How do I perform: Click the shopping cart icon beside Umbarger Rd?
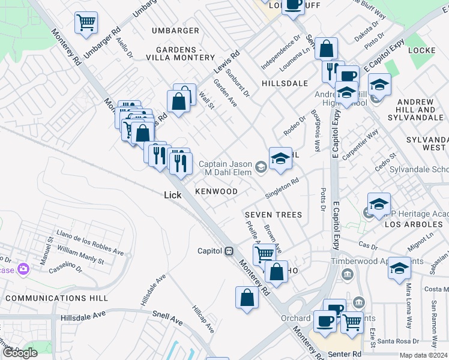tap(86, 23)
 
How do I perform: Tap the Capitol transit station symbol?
tap(229, 251)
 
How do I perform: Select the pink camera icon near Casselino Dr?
tap(24, 268)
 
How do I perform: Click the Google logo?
tap(20, 353)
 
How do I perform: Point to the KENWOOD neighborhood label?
tap(216, 191)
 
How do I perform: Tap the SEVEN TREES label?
tap(273, 215)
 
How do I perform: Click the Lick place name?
tap(173, 195)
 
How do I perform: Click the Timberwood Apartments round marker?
tap(347, 274)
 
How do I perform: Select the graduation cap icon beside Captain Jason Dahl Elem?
tap(280, 158)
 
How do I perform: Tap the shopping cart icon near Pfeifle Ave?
tap(264, 253)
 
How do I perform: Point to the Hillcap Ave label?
tap(202, 322)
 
